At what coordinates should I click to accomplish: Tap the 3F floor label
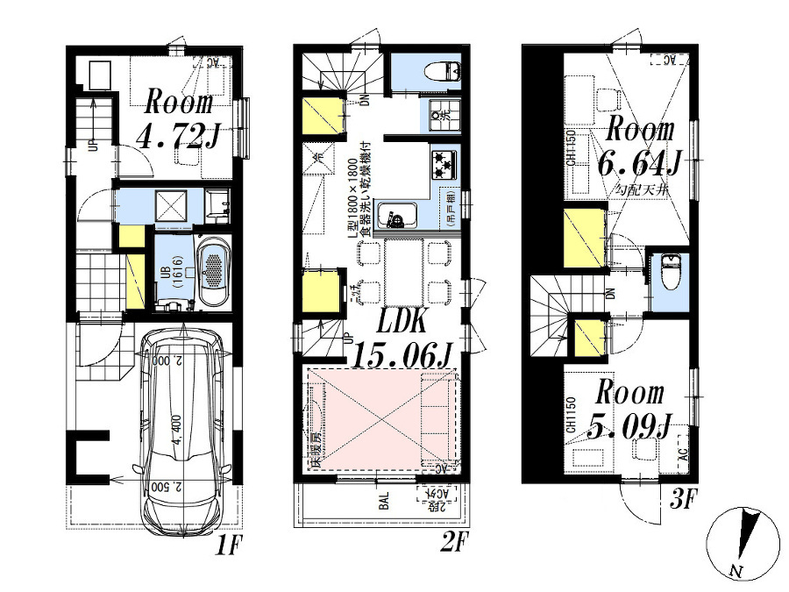(x=682, y=502)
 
